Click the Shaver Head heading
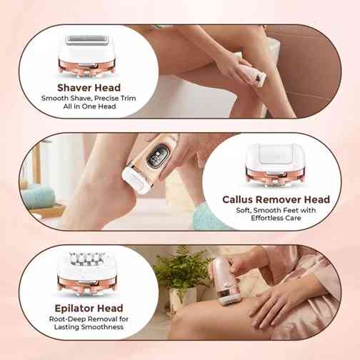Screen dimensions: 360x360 (x=89, y=88)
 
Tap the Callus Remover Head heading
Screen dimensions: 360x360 (x=276, y=199)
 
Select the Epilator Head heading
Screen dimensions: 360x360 (x=89, y=309)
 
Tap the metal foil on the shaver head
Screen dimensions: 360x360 (x=87, y=40)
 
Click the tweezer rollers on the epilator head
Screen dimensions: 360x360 (x=87, y=259)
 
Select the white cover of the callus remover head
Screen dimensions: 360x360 (x=276, y=155)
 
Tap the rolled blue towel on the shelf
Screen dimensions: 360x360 (x=38, y=197)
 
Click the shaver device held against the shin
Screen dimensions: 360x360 (x=251, y=71)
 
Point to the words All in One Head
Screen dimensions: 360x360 (x=89, y=106)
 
